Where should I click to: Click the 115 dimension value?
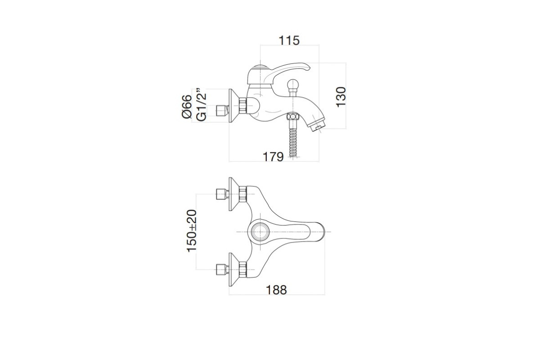pyautogui.click(x=289, y=40)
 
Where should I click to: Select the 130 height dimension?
pyautogui.click(x=341, y=97)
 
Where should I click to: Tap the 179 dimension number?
pyautogui.click(x=273, y=157)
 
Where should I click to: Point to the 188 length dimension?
pyautogui.click(x=276, y=290)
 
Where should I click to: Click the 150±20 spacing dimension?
pyautogui.click(x=192, y=231)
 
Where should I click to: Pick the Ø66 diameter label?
pyautogui.click(x=187, y=106)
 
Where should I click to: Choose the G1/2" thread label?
pyautogui.click(x=202, y=104)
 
